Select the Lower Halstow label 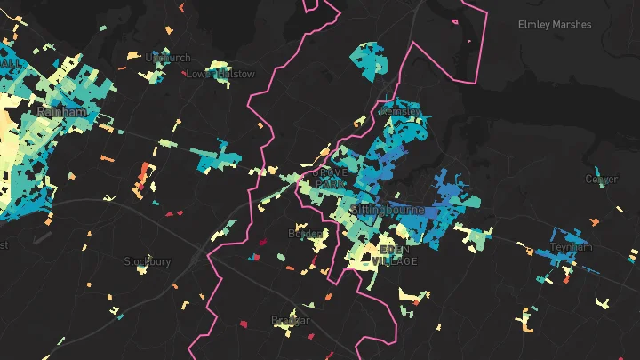[x=220, y=74]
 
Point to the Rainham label [x=61, y=112]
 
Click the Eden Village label [x=397, y=255]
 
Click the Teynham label [x=571, y=247]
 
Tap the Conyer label [x=602, y=179]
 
